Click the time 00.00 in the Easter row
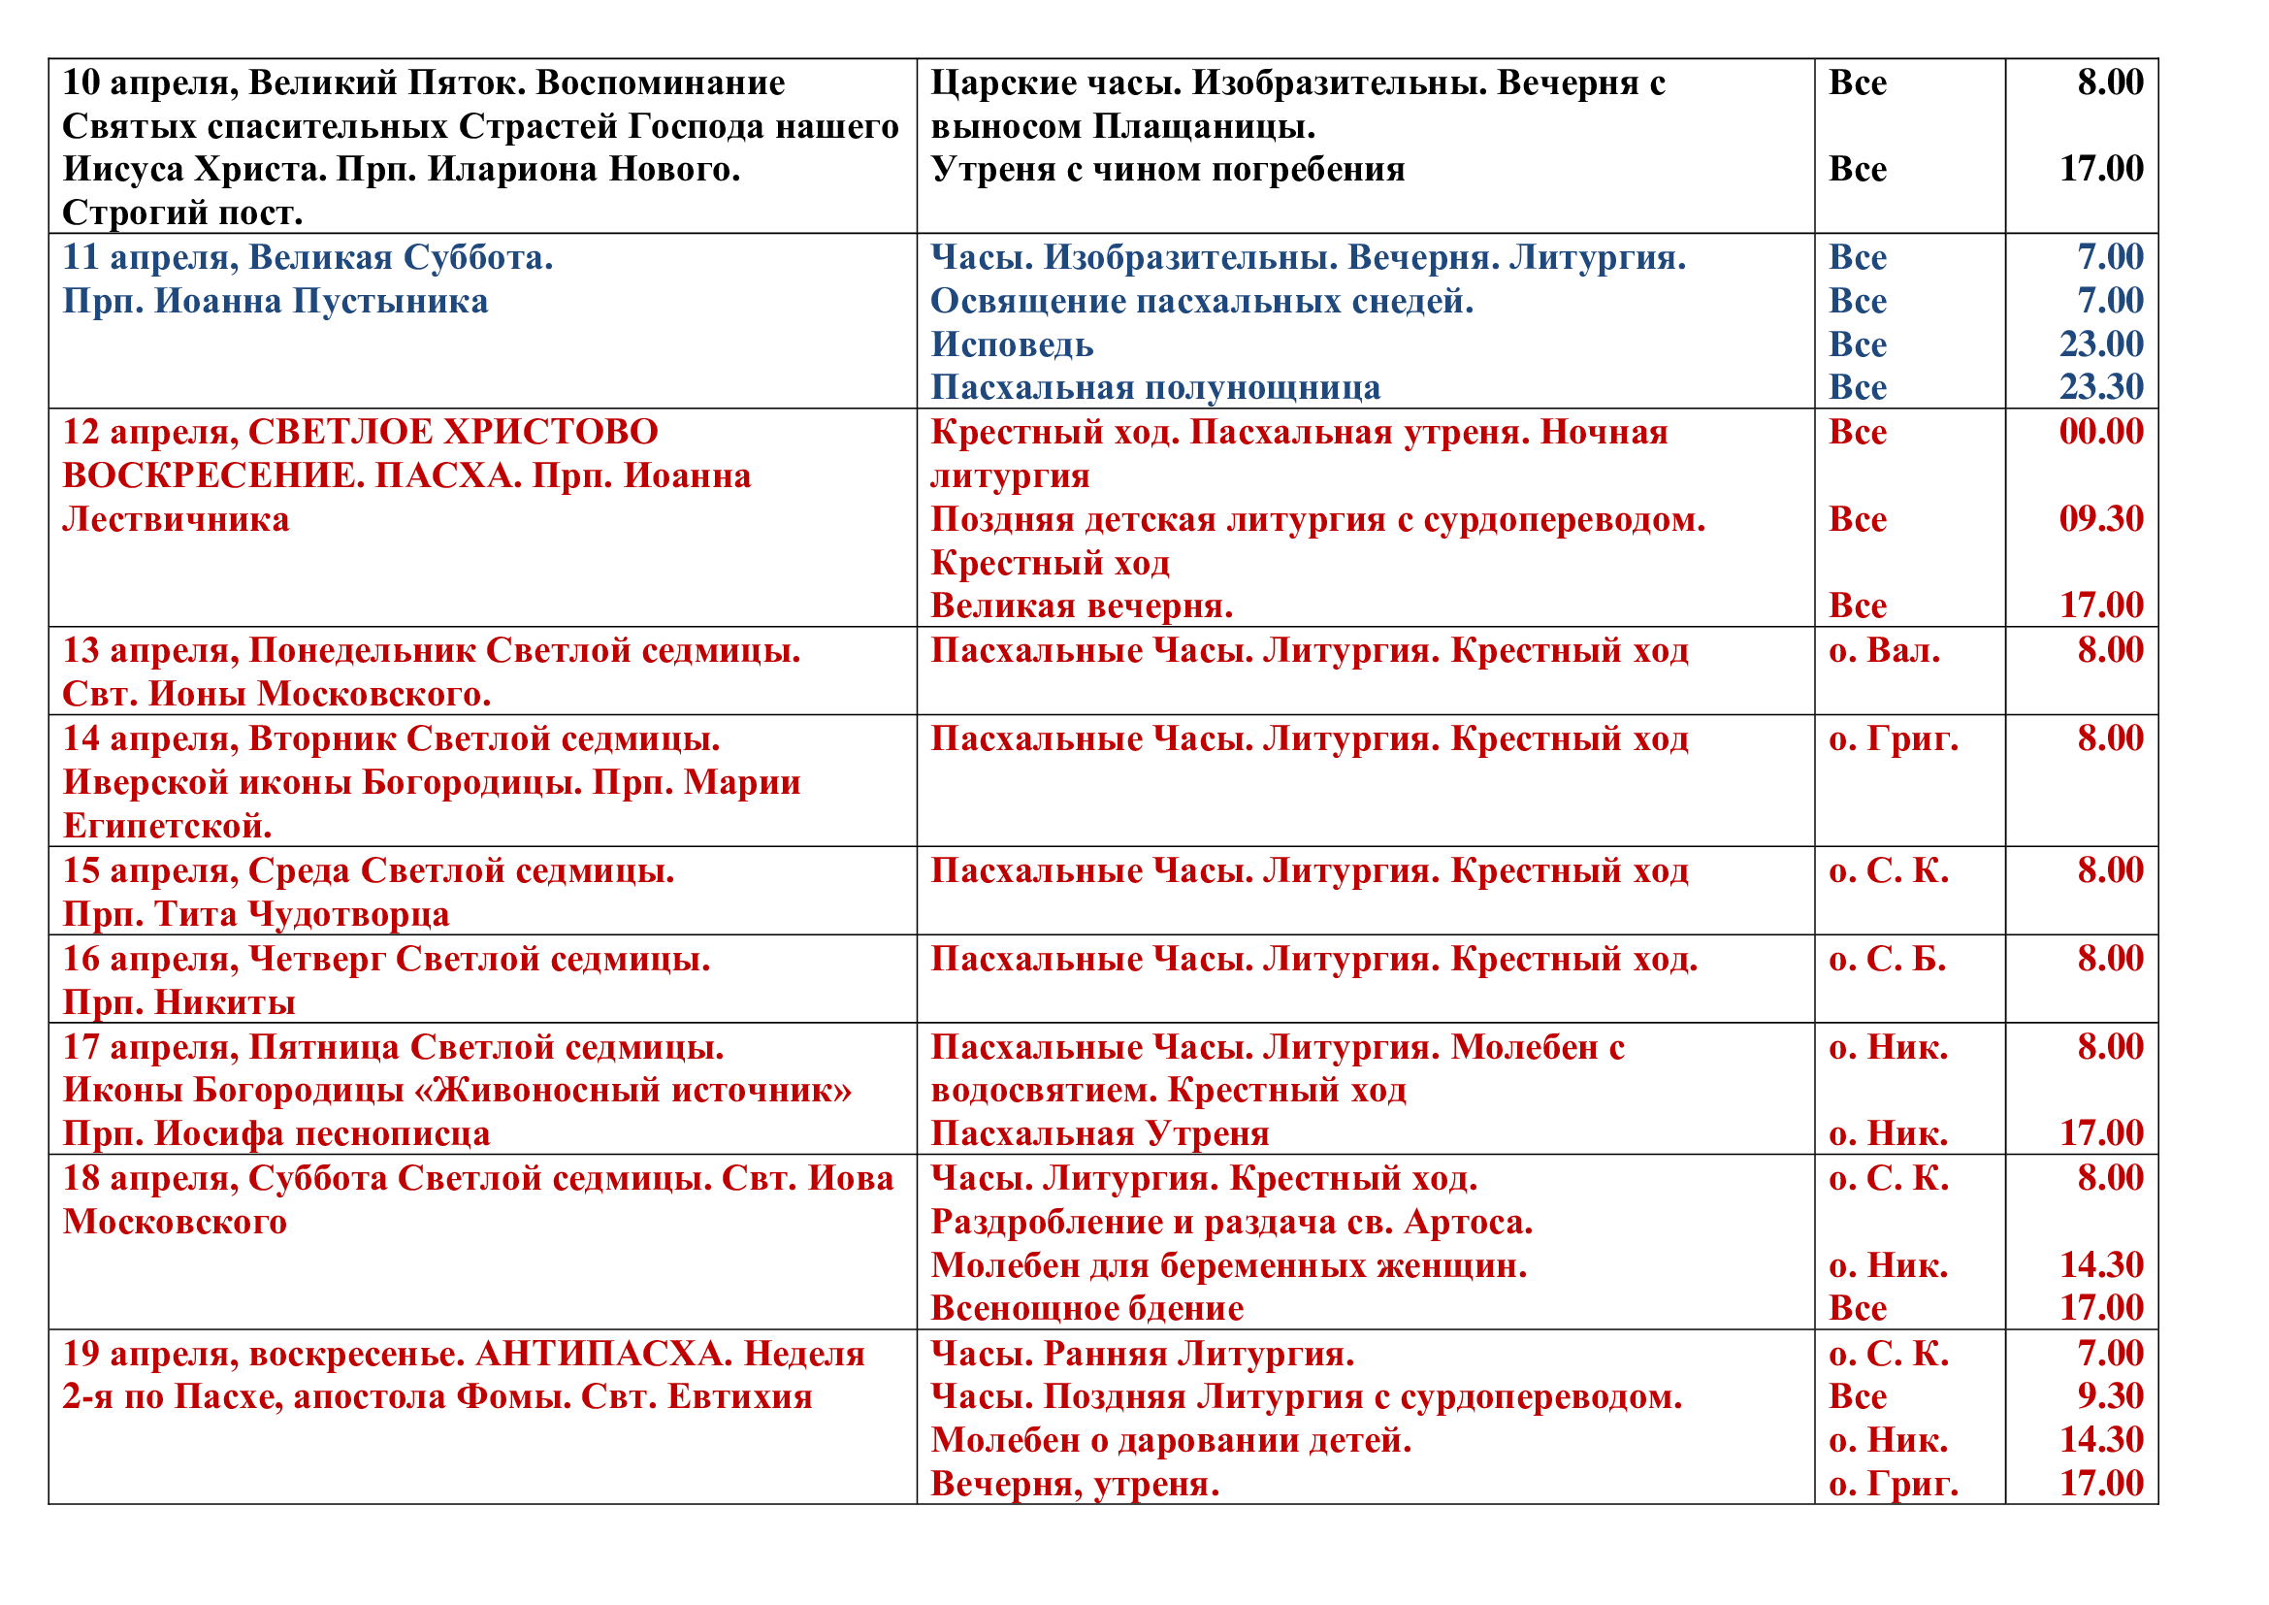(x=2101, y=432)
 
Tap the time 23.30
(x=2101, y=386)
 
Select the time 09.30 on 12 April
(x=2101, y=519)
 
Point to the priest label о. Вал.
(x=1884, y=650)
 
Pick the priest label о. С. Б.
(x=1887, y=959)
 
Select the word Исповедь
(x=1012, y=344)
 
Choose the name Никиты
(x=225, y=1002)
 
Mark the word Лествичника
(x=176, y=520)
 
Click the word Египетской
(x=167, y=825)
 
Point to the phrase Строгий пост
(x=182, y=213)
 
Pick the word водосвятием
(x=1043, y=1090)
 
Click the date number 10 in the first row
(x=81, y=83)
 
